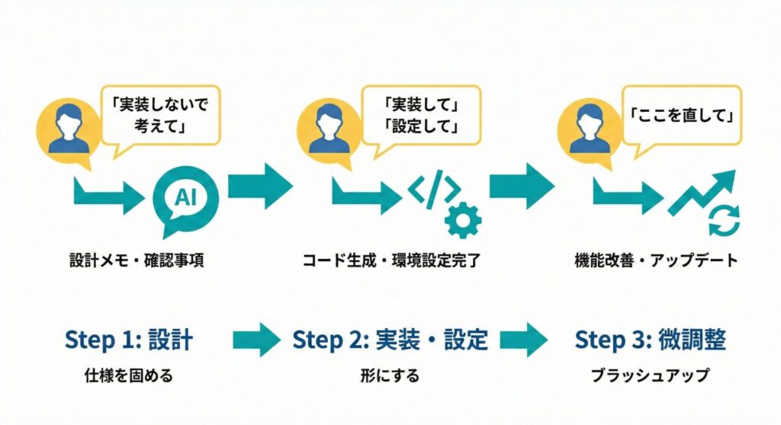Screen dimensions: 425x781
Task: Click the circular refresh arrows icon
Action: [723, 221]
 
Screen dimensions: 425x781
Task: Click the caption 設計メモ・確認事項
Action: [136, 261]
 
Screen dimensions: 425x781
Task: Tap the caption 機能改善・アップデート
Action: [655, 261]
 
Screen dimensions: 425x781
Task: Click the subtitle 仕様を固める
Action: [130, 375]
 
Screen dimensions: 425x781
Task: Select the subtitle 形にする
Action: [390, 376]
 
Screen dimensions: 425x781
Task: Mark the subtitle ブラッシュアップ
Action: [651, 376]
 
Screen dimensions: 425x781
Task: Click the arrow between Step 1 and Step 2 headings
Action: [256, 340]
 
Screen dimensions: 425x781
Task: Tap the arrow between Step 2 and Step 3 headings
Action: [524, 340]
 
